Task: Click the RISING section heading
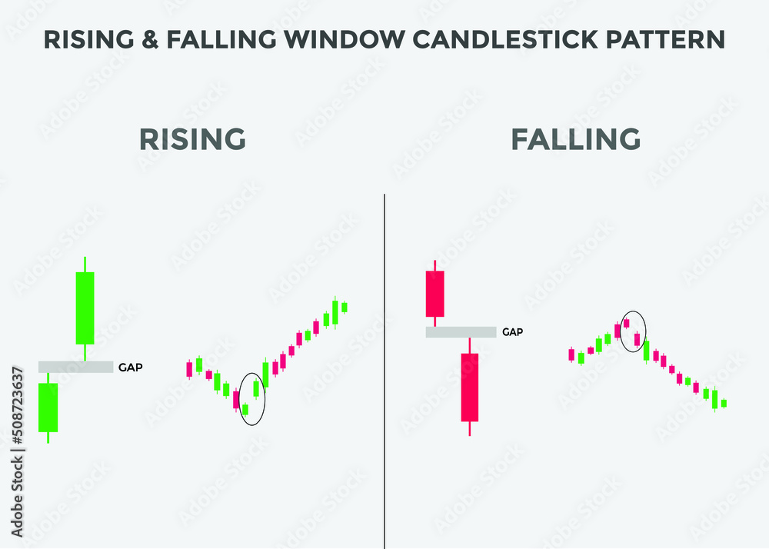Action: tap(192, 139)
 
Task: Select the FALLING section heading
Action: tap(576, 139)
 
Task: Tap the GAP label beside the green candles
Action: tap(130, 368)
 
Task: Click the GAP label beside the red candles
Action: tap(513, 332)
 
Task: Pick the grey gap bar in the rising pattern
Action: tap(76, 368)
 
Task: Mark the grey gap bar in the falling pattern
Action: tap(461, 332)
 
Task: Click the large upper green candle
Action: tap(85, 308)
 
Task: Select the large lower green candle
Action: tap(48, 408)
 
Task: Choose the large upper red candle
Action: tap(435, 294)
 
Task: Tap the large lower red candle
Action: tap(470, 387)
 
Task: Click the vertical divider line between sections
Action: tap(384, 369)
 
